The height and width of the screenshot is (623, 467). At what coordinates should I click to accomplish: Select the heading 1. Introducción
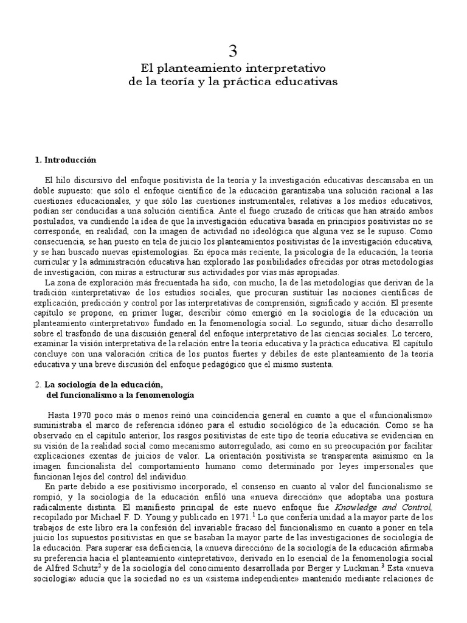click(x=66, y=160)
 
